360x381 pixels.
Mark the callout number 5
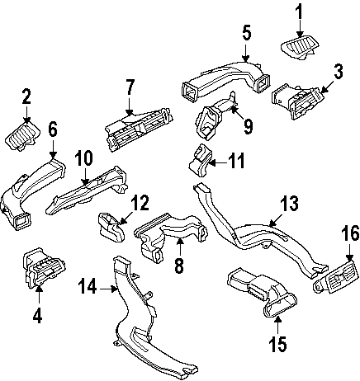246,33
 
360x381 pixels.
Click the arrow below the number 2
26,116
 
